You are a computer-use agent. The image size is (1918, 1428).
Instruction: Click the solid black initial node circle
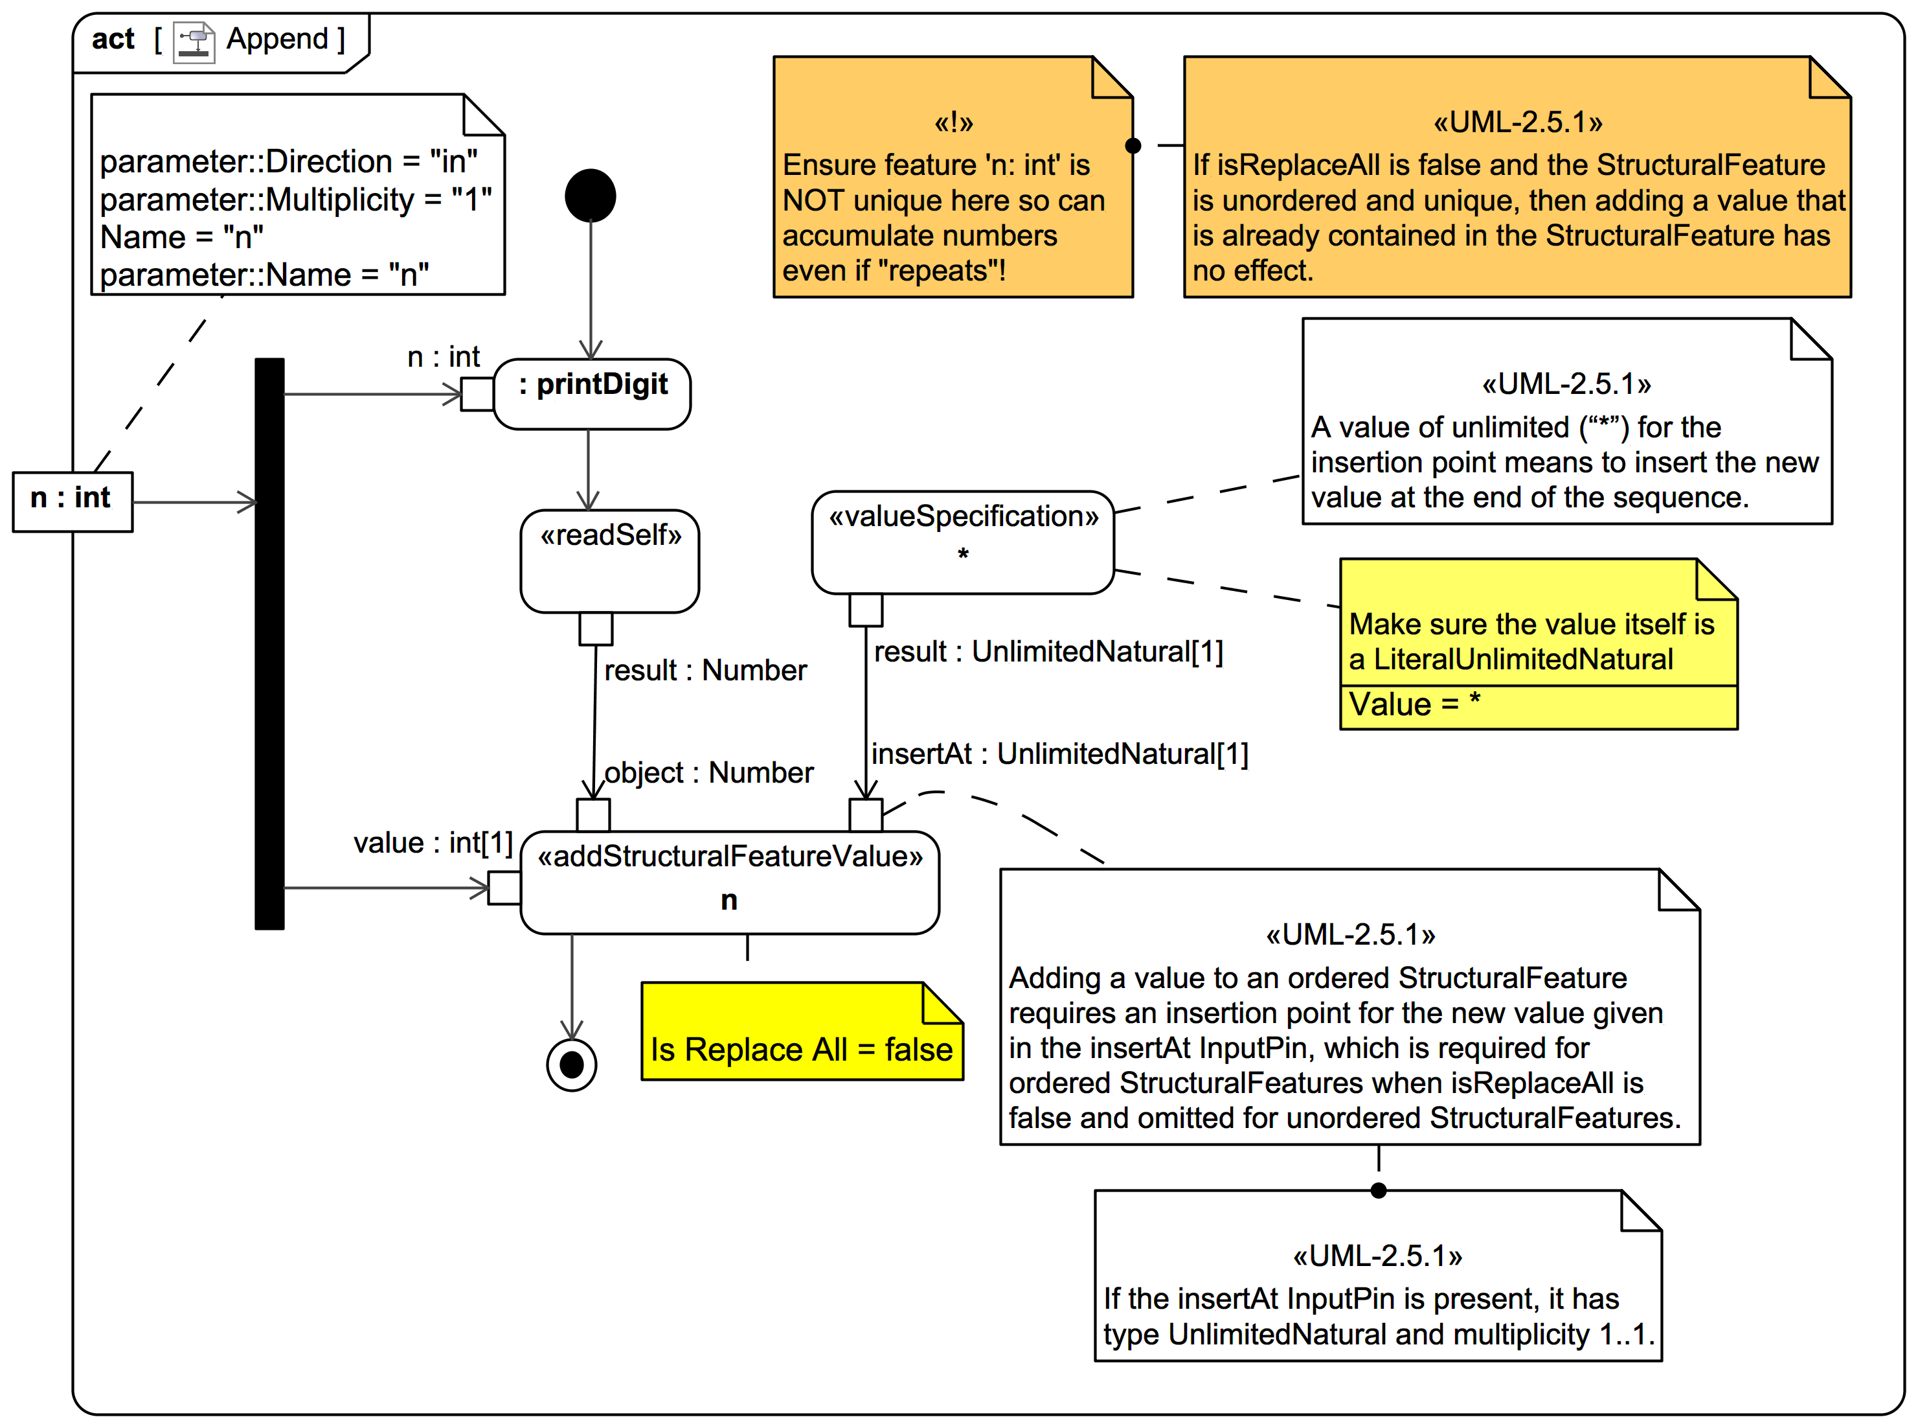590,196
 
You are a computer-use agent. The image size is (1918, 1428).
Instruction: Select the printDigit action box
592,393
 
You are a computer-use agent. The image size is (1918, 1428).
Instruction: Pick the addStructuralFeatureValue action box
729,882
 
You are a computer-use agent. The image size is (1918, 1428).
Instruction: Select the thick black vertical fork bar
269,643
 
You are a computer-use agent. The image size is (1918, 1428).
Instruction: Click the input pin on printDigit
477,393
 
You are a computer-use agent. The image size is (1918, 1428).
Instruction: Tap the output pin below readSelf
595,628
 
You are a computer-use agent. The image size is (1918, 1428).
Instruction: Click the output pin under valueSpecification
865,610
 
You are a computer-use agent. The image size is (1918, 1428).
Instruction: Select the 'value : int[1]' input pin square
504,887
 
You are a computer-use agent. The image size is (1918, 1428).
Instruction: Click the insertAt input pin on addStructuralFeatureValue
865,814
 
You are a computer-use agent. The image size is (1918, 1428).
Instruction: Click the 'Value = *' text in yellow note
1414,704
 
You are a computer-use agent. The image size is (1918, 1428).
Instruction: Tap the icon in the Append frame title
194,41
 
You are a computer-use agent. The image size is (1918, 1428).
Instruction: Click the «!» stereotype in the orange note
953,122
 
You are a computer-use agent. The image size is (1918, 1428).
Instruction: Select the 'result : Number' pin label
704,670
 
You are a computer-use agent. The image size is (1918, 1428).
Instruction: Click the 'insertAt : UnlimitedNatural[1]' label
1059,754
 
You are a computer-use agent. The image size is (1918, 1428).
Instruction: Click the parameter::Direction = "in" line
289,161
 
